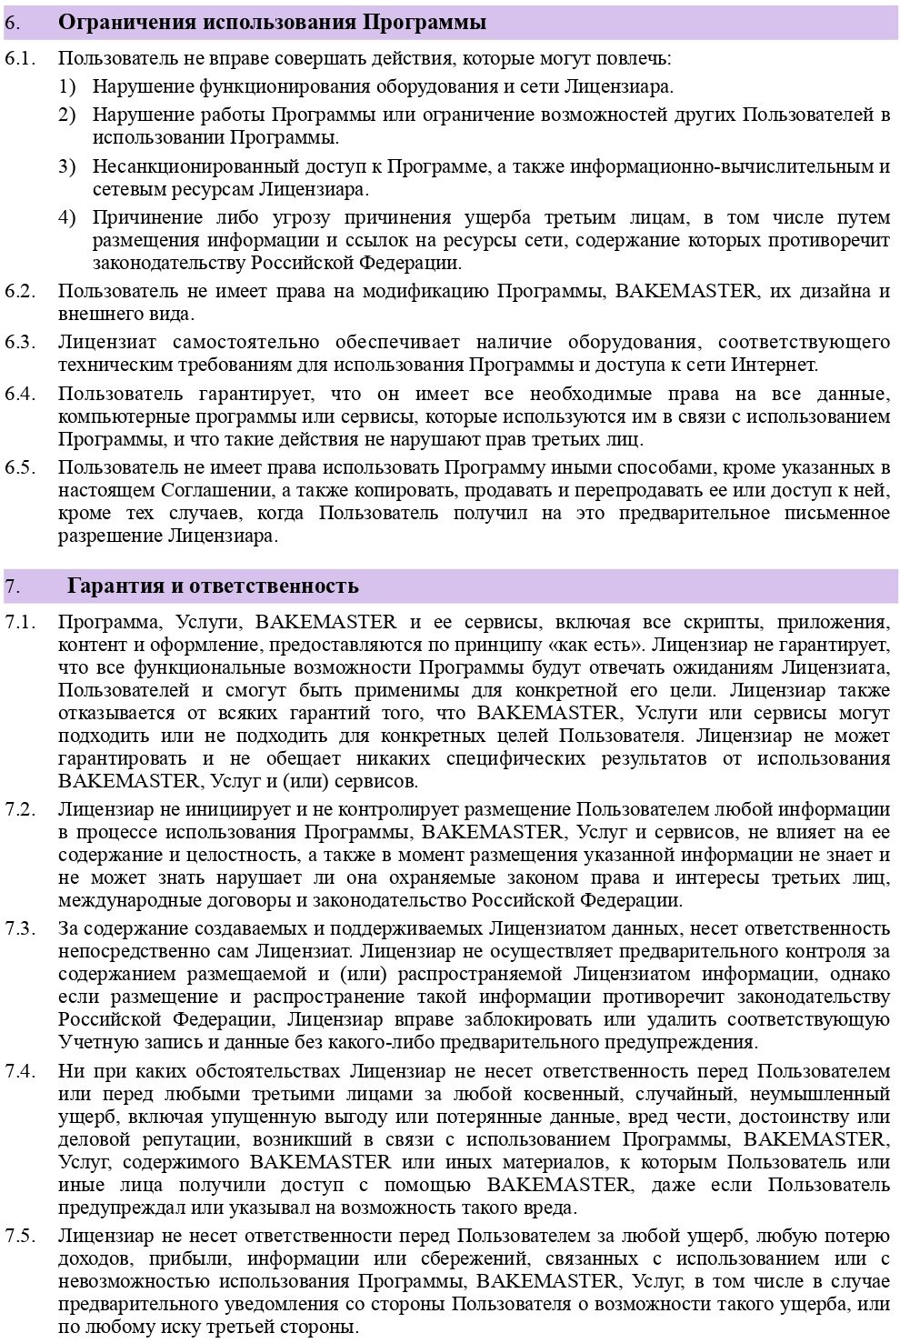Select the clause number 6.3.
pyautogui.click(x=20, y=343)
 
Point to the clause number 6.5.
pyautogui.click(x=20, y=468)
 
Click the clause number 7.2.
pyautogui.click(x=20, y=809)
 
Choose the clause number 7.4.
pyautogui.click(x=20, y=1071)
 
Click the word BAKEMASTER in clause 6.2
pyautogui.click(x=685, y=292)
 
